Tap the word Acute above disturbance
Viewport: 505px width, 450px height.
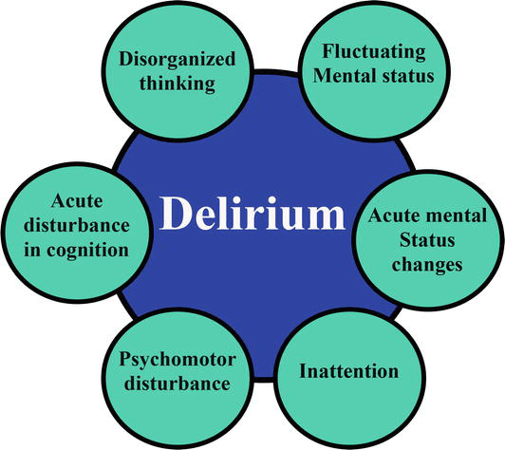point(76,201)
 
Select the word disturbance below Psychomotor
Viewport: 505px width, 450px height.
point(174,384)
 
